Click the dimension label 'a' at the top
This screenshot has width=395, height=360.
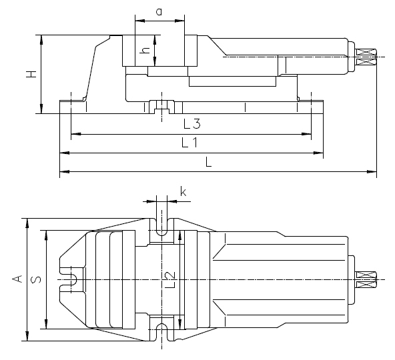tap(159, 11)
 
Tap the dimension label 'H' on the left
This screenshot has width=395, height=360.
tap(30, 75)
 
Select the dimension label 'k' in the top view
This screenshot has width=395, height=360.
tap(183, 193)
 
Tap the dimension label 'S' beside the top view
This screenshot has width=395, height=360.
tap(38, 279)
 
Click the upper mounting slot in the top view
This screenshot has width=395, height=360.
tap(161, 227)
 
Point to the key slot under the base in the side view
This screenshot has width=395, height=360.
tap(161, 107)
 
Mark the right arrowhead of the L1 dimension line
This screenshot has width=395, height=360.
tap(322, 154)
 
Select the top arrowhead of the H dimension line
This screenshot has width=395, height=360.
tap(42, 37)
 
